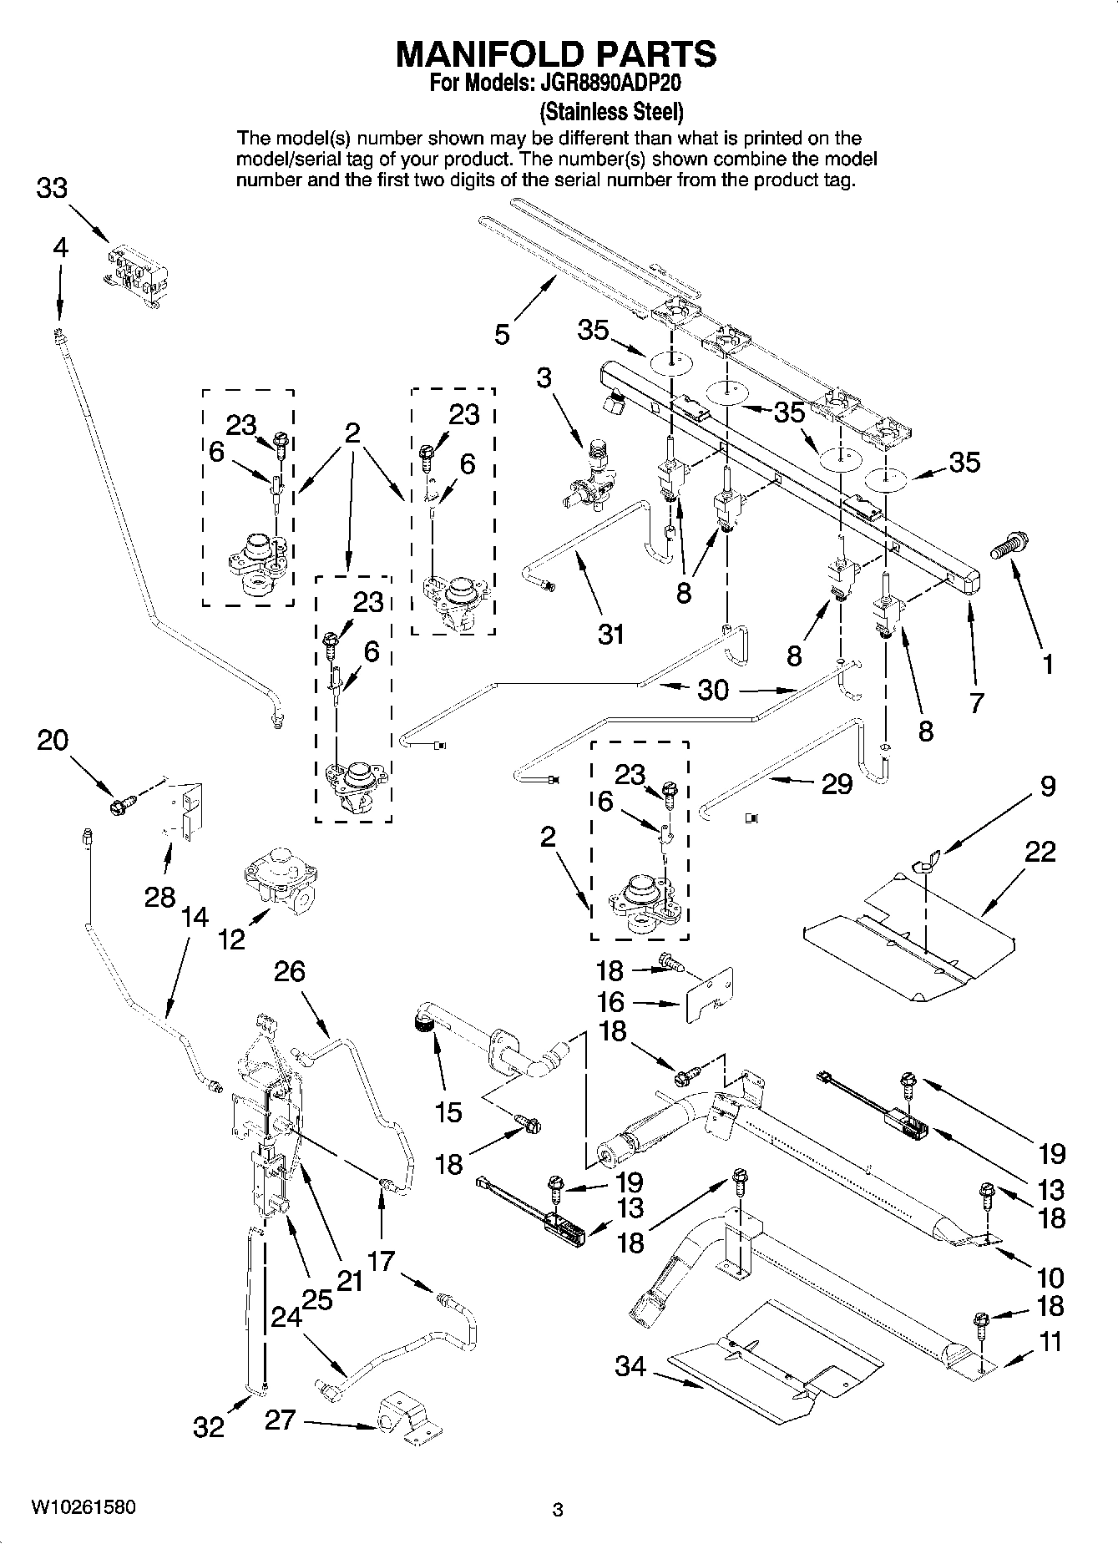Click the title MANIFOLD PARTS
[556, 53]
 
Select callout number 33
[52, 189]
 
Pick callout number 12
[232, 939]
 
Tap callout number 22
[1040, 852]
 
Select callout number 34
[630, 1367]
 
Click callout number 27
[280, 1419]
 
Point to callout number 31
[611, 635]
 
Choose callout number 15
[448, 1111]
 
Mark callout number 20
[53, 740]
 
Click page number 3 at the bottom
[559, 1510]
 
